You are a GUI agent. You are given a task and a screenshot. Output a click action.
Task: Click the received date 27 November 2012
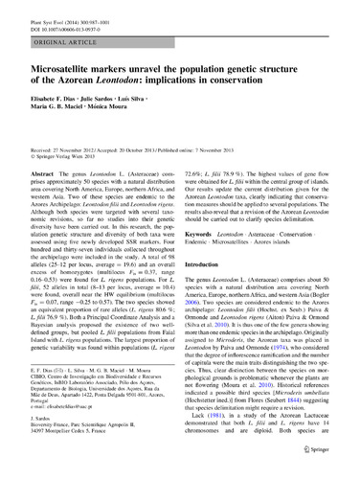(x=78, y=150)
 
